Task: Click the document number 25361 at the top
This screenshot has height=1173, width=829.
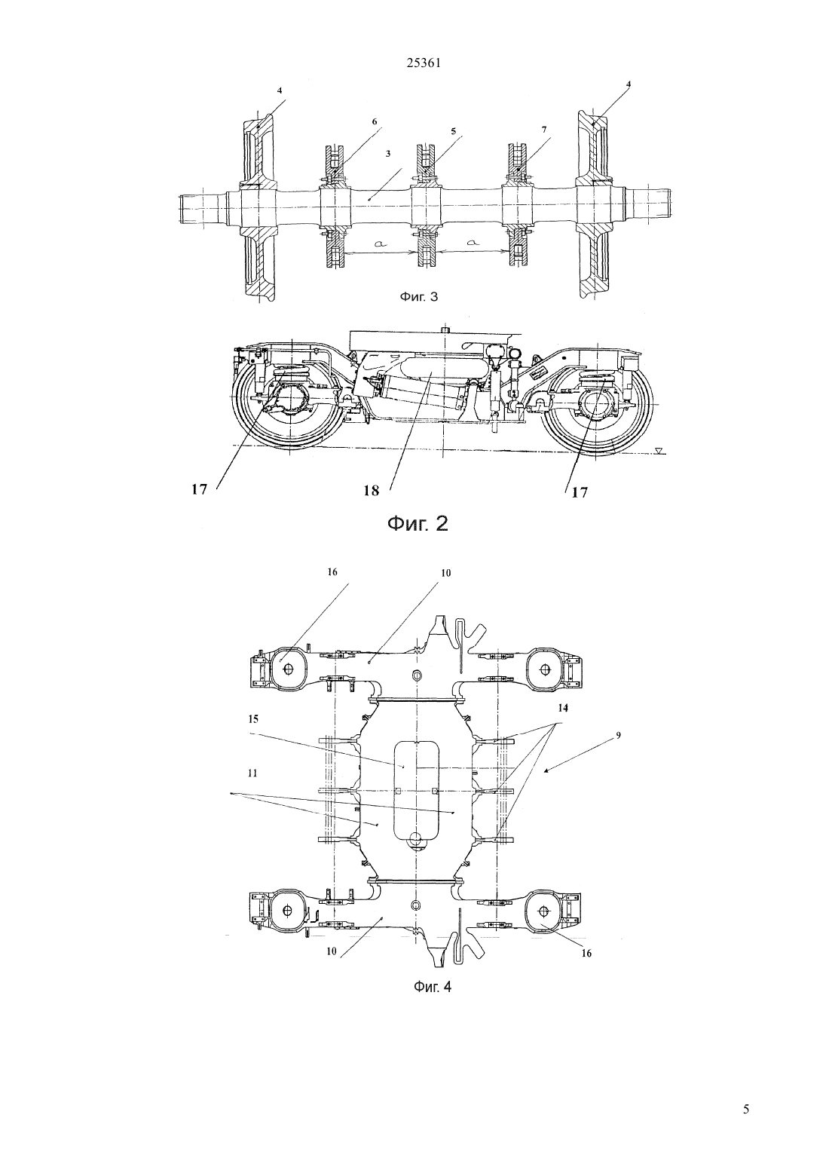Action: click(424, 63)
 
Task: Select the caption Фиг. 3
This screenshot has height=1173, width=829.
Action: click(419, 297)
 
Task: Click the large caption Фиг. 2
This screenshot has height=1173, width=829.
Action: click(418, 524)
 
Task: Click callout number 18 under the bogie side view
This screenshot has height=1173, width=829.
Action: click(371, 492)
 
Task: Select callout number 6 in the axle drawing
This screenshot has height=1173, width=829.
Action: click(375, 121)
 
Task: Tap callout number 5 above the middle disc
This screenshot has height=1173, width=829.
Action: click(453, 131)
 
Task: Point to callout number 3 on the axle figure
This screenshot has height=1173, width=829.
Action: click(387, 154)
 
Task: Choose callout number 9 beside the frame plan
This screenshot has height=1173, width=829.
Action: click(618, 735)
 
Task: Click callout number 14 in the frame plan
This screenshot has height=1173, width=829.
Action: click(563, 707)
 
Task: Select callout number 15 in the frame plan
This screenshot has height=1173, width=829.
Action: click(253, 719)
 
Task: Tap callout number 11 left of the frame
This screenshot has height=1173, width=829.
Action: click(252, 773)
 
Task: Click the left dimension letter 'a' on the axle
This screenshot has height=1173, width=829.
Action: click(381, 243)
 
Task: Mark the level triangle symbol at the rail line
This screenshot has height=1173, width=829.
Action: click(659, 450)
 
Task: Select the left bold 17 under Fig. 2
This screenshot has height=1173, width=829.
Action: click(200, 490)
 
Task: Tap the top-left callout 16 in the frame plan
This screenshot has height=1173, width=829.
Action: click(332, 572)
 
